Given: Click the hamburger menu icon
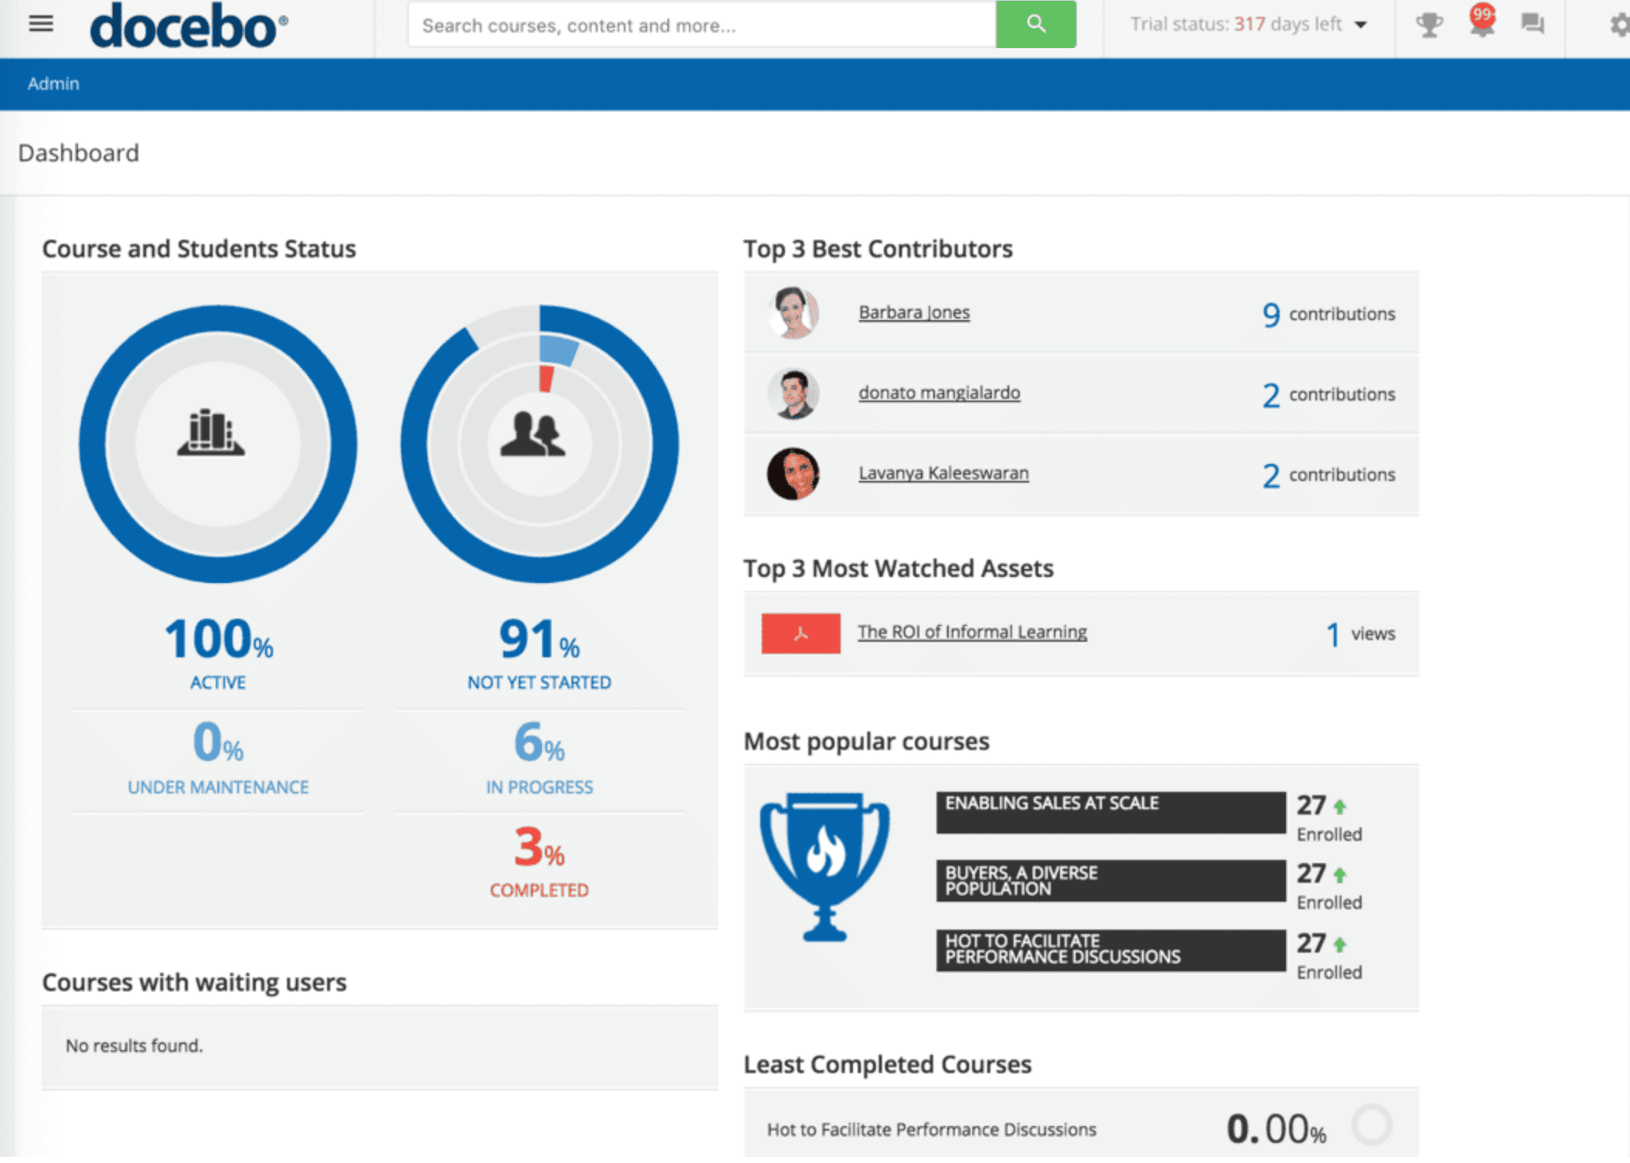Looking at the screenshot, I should tap(41, 24).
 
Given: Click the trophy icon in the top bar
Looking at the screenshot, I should tap(1428, 25).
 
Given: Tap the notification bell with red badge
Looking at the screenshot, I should tap(1481, 23).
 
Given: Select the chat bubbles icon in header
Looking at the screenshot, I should tap(1532, 24).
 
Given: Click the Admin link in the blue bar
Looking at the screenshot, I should tap(53, 84).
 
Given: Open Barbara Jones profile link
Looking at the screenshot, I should tap(913, 312).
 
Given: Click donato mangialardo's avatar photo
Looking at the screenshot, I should tap(793, 394).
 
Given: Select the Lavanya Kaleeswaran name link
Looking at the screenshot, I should tap(943, 473).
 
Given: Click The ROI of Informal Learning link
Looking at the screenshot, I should tap(971, 632).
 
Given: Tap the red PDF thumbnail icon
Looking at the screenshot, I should tap(800, 633).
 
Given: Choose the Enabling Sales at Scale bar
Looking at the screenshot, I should tap(1110, 812).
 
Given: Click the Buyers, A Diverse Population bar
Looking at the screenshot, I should tap(1110, 881).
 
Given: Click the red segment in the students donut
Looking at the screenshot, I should tap(547, 379).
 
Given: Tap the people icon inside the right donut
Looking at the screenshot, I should tap(533, 435).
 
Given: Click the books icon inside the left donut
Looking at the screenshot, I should tap(210, 433).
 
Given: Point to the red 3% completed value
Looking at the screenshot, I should tap(538, 848).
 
